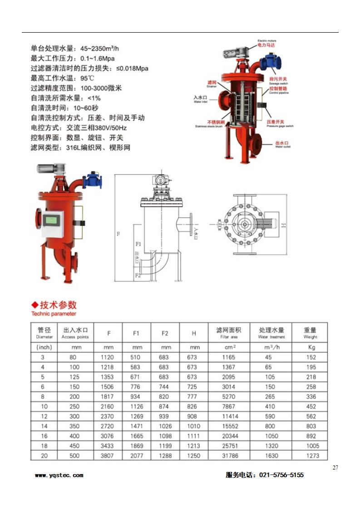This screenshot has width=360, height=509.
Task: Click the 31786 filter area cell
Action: click(229, 455)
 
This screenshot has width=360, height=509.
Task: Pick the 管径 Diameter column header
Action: click(44, 333)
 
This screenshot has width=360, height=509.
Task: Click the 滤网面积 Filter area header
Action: click(229, 333)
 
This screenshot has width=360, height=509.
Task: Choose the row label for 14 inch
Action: click(44, 426)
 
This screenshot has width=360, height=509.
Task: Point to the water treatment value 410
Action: click(271, 406)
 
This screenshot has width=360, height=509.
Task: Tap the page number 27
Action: click(335, 468)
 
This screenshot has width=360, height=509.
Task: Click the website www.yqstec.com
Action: click(59, 475)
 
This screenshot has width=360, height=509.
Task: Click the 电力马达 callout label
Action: click(266, 45)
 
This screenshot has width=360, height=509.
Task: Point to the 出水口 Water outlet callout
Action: click(282, 144)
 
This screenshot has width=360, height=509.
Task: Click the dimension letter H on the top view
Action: click(282, 225)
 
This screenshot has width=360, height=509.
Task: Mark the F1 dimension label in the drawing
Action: click(138, 244)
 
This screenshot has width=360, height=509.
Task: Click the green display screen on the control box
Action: click(52, 220)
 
